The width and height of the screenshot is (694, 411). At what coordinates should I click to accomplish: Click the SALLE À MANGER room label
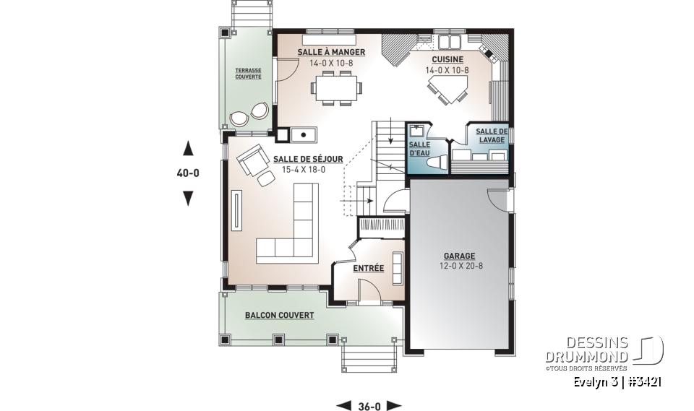(x=331, y=53)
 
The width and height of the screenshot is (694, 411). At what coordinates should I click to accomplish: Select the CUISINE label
(x=447, y=60)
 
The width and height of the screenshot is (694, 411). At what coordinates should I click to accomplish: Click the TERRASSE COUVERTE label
(x=247, y=74)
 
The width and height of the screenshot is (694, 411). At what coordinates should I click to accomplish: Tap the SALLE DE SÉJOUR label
(x=308, y=160)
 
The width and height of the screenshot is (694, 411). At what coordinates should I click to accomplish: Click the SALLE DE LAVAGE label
(x=492, y=135)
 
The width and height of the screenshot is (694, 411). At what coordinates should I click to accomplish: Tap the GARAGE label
(x=459, y=256)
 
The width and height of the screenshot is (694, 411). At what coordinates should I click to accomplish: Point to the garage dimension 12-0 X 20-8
(x=459, y=266)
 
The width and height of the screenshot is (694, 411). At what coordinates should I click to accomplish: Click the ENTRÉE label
(x=368, y=269)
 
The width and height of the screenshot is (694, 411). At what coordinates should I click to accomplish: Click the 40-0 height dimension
(x=188, y=173)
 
